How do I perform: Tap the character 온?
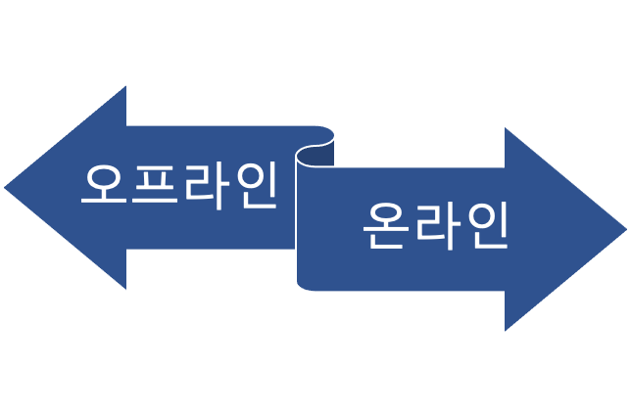(x=385, y=226)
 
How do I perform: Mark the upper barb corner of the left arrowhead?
(x=127, y=83)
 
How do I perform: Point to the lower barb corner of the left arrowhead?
(x=127, y=292)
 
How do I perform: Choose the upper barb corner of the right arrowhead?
(x=504, y=125)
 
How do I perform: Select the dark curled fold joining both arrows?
(x=315, y=154)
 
